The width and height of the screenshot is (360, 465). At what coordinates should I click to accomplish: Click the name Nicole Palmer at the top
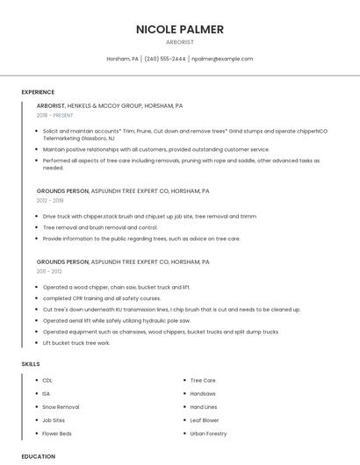179,29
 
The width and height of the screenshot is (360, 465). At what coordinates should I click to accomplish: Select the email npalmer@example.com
221,59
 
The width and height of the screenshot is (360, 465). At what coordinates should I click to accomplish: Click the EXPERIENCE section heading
38,92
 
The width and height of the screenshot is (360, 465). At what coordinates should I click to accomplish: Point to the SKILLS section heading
31,363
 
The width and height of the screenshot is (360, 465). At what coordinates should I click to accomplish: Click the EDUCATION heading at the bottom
39,456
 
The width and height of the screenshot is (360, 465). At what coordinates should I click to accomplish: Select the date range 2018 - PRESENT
55,115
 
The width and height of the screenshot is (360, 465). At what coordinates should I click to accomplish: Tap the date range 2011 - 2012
49,271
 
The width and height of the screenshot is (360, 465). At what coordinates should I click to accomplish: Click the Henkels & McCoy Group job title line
109,105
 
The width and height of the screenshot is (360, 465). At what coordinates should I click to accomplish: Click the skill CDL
47,381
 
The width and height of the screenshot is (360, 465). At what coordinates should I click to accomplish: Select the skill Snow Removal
61,407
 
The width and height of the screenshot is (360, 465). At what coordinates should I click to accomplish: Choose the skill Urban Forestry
208,433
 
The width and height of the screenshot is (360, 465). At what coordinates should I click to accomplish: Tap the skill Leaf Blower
205,420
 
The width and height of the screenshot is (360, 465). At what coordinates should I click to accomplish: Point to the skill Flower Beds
57,433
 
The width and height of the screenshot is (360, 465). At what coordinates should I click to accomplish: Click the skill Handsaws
203,394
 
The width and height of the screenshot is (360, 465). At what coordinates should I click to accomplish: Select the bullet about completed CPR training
102,298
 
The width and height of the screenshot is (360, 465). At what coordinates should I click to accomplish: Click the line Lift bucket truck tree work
76,343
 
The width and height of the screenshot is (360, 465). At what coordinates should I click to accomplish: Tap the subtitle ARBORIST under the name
179,41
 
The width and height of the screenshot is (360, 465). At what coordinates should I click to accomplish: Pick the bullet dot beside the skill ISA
35,394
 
